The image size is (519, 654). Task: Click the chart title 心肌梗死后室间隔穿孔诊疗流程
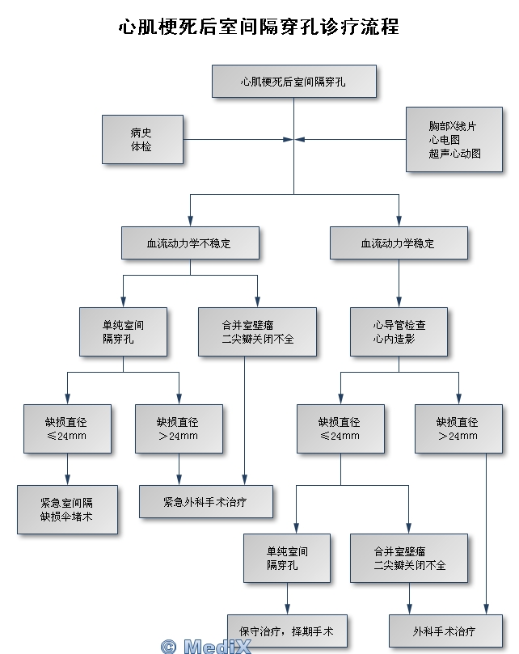tap(259, 27)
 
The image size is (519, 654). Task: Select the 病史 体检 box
tap(142, 139)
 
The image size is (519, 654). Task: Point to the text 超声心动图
tap(454, 153)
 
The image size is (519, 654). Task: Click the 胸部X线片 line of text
tap(452, 127)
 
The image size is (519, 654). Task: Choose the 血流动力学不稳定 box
tap(190, 243)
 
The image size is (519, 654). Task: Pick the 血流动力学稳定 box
tap(399, 243)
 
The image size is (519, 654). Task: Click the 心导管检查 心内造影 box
tap(399, 331)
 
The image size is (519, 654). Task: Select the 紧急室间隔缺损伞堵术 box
tap(67, 508)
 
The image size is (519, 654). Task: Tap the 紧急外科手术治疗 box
tap(205, 501)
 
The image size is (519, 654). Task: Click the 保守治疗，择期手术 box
tap(287, 631)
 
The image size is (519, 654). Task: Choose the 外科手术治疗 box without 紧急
tap(444, 631)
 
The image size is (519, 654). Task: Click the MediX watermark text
tap(207, 646)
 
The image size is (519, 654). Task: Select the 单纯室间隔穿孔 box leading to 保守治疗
tap(287, 558)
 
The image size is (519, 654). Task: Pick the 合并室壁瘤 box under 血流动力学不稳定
tap(245, 331)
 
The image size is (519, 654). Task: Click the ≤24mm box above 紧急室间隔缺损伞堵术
tap(67, 428)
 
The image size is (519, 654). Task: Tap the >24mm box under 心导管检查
tap(458, 428)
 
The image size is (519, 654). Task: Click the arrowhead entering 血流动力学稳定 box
tap(399, 222)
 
